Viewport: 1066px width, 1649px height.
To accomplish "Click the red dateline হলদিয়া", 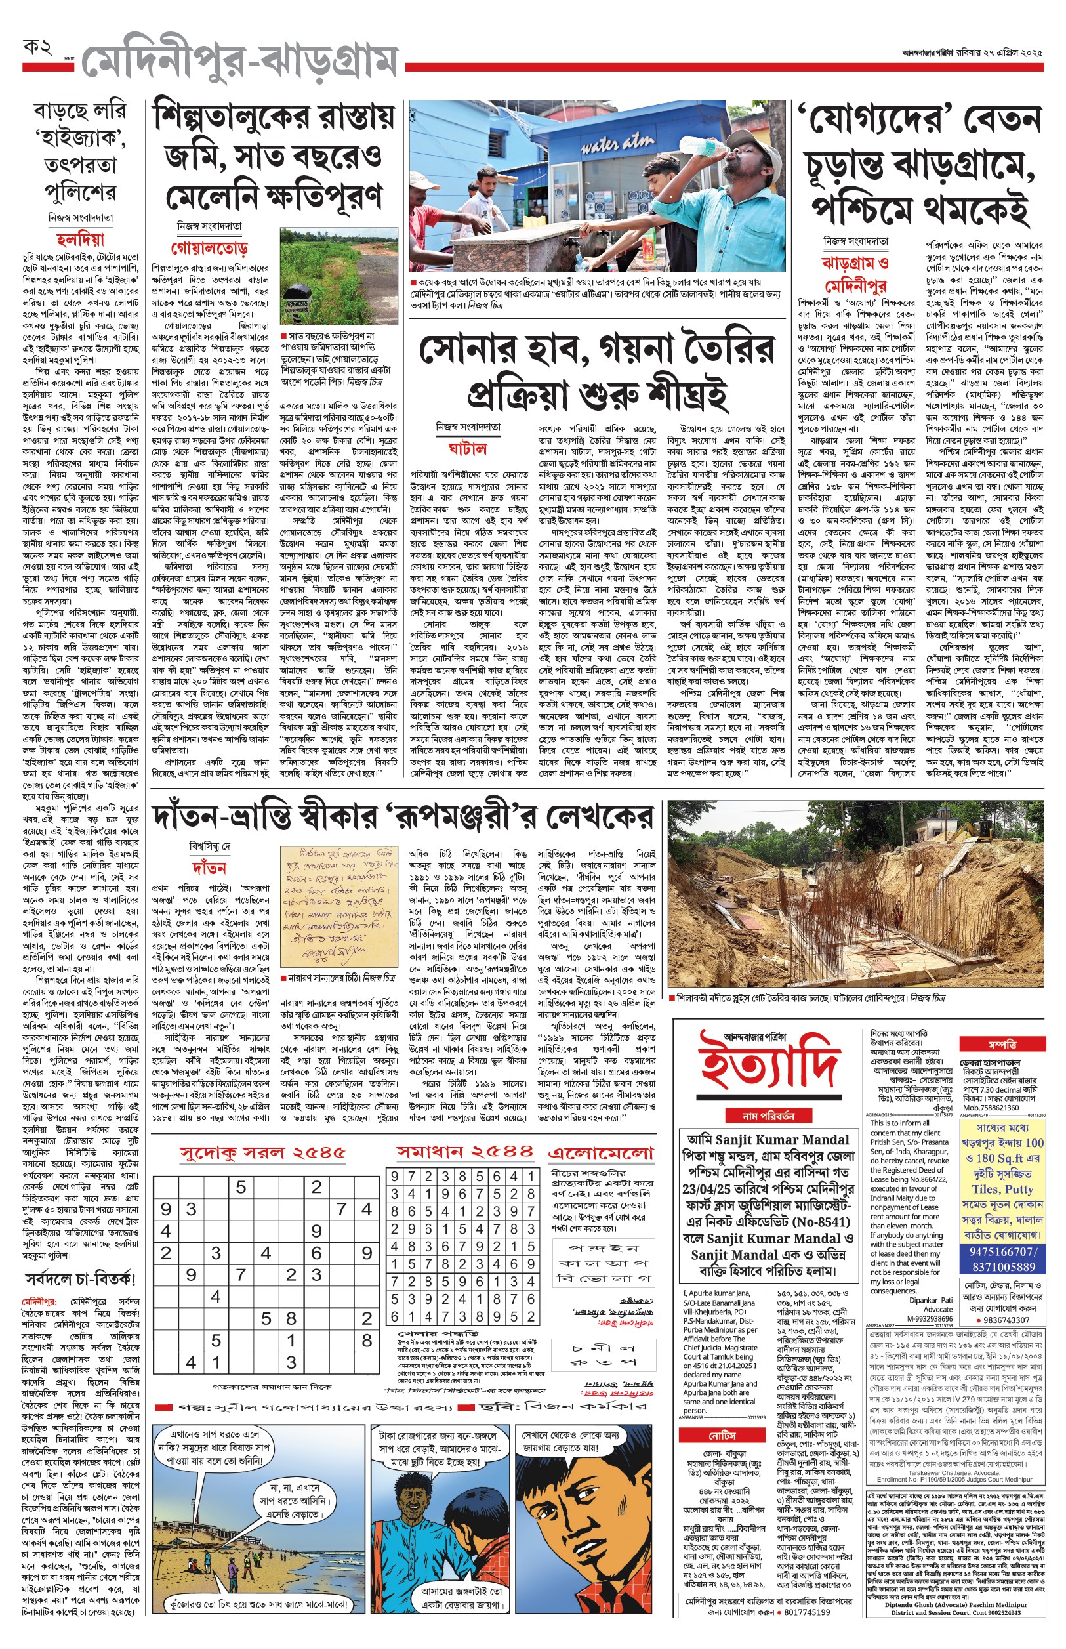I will [80, 240].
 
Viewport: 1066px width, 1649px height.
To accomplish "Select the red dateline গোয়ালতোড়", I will [209, 248].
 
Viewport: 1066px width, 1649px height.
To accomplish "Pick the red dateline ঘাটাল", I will [467, 449].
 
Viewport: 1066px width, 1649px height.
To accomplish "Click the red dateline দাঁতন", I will [209, 867].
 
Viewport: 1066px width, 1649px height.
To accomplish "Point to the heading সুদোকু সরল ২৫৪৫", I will [262, 1153].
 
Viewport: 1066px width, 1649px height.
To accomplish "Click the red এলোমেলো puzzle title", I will [600, 1153].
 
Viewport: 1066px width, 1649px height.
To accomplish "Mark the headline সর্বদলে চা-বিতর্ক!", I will [80, 1279].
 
